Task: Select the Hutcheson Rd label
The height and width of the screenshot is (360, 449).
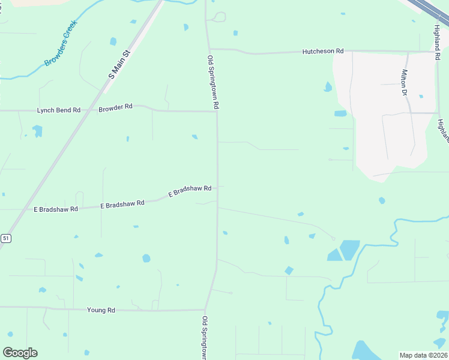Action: pyautogui.click(x=323, y=52)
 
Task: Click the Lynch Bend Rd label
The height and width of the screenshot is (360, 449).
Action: pyautogui.click(x=59, y=110)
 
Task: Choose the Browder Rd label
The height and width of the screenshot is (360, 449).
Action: pyautogui.click(x=115, y=107)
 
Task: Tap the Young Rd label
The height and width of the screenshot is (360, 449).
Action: pyautogui.click(x=101, y=310)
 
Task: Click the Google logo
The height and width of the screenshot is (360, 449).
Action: pyautogui.click(x=20, y=353)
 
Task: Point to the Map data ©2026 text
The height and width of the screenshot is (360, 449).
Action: pyautogui.click(x=423, y=355)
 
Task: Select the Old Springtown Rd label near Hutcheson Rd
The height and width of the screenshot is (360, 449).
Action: pyautogui.click(x=212, y=82)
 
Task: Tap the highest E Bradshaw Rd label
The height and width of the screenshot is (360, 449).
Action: pyautogui.click(x=190, y=191)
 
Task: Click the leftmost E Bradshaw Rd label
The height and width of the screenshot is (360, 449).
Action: pyautogui.click(x=56, y=209)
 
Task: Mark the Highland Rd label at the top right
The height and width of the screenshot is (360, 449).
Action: pyautogui.click(x=437, y=38)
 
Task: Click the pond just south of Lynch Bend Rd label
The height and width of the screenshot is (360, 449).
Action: pyautogui.click(x=38, y=130)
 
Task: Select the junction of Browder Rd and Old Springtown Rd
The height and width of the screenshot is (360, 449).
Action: pyautogui.click(x=217, y=112)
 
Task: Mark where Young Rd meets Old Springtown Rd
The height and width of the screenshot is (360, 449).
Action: pyautogui.click(x=206, y=310)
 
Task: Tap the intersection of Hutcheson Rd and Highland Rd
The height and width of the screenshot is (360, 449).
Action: pyautogui.click(x=436, y=52)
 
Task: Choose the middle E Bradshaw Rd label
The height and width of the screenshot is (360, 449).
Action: pyautogui.click(x=122, y=204)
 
